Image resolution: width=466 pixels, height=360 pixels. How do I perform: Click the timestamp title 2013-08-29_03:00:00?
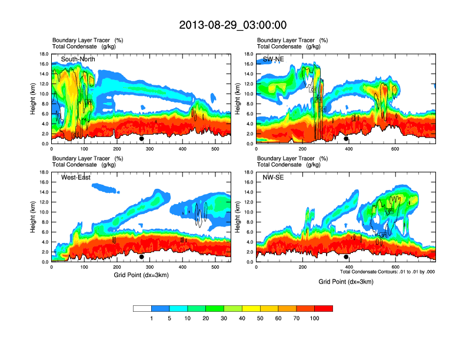(x=232, y=25)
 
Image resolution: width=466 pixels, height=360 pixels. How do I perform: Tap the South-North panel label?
(x=78, y=59)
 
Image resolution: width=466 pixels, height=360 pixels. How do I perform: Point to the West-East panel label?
(x=75, y=177)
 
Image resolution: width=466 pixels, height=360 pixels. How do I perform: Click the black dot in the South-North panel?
(x=142, y=139)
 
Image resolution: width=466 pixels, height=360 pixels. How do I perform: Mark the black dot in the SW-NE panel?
(x=347, y=139)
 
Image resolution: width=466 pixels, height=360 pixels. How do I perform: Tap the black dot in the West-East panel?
(x=142, y=257)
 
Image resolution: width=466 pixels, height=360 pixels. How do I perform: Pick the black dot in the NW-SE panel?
(x=347, y=257)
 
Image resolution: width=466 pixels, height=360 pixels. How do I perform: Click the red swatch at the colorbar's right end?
(x=324, y=308)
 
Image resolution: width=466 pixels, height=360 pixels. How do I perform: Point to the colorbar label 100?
(x=315, y=318)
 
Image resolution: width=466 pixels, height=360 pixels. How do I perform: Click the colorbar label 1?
(x=152, y=318)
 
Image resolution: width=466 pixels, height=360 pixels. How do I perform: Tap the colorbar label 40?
(x=242, y=318)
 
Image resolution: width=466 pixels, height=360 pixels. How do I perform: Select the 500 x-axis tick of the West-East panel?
(x=215, y=268)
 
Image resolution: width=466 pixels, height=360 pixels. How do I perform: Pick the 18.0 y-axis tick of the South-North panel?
(x=44, y=54)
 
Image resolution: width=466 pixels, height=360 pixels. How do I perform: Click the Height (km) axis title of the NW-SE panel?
(x=238, y=217)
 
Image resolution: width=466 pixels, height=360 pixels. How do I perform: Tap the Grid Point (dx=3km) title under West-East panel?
(x=141, y=275)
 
